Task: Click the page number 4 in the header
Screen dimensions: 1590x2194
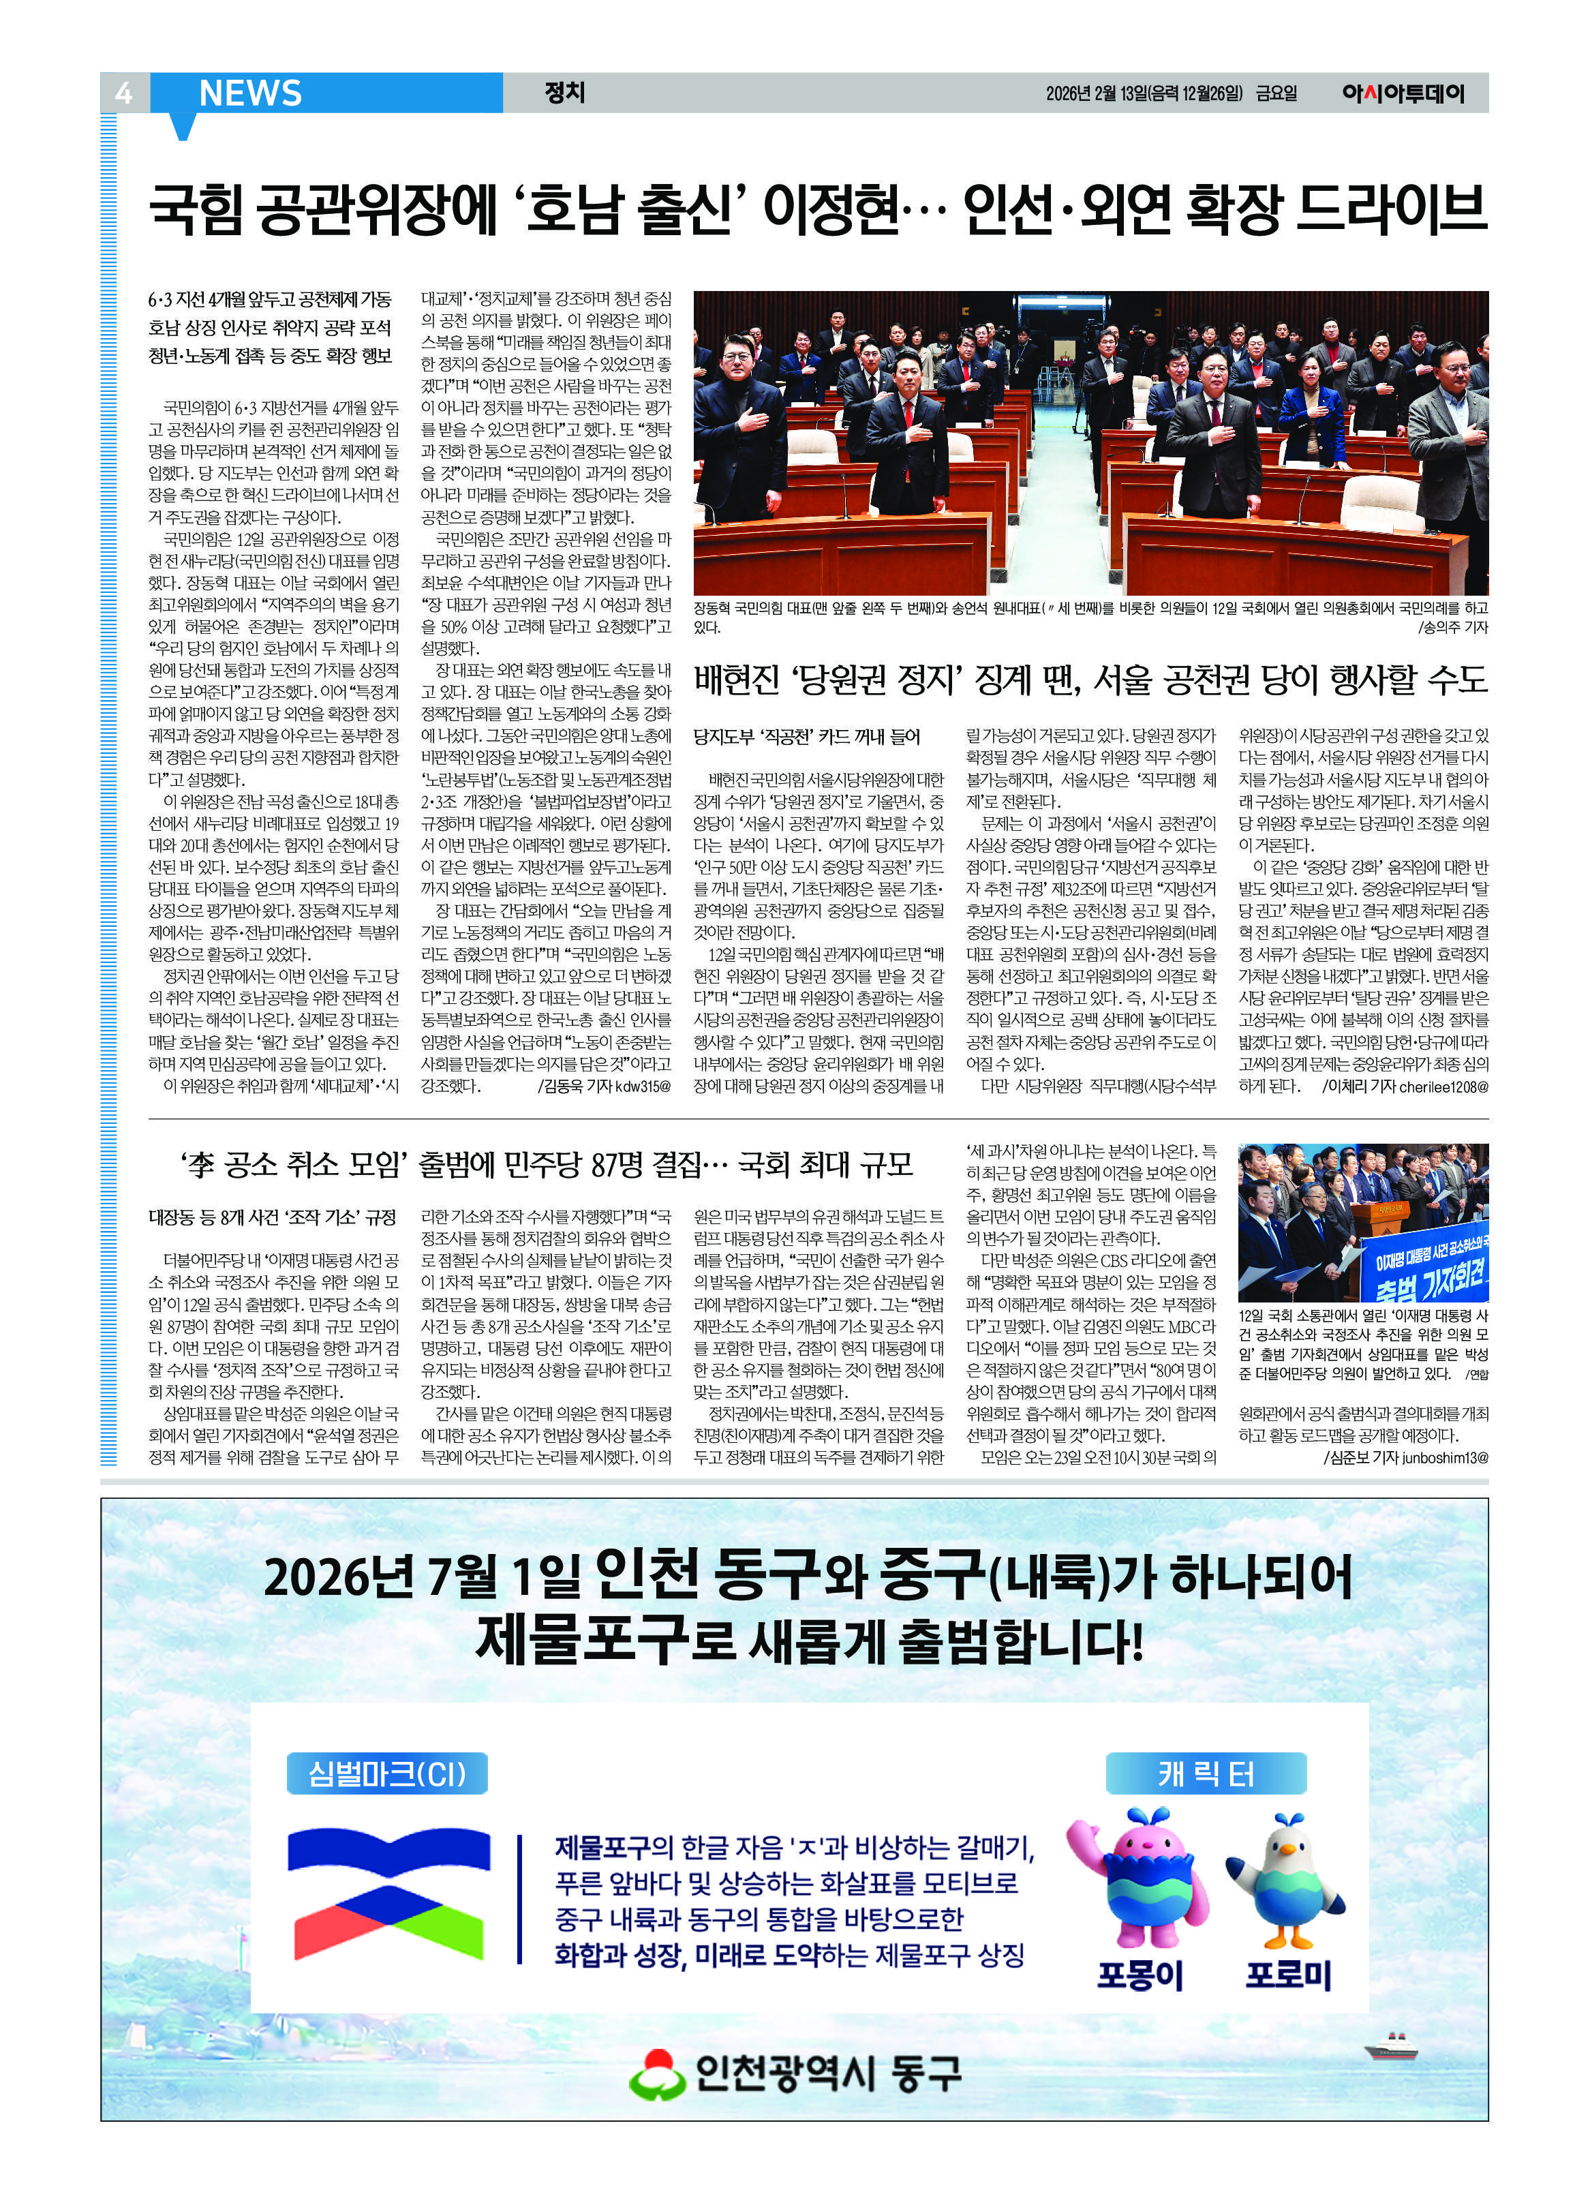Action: [123, 93]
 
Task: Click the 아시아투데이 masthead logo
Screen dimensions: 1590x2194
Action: [1403, 94]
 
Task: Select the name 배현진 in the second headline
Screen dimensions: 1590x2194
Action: [736, 680]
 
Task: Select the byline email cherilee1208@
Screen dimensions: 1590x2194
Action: [1443, 1086]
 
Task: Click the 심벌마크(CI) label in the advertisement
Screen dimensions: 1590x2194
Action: [387, 1773]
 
